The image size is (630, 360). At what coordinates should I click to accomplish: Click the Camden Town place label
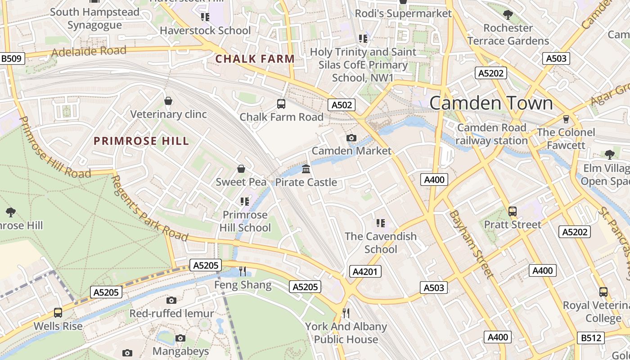pos(490,103)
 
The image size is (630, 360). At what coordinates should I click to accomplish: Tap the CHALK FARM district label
pos(255,58)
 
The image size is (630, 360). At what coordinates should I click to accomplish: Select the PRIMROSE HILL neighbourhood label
pos(141,141)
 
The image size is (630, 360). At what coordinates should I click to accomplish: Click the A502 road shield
pos(342,105)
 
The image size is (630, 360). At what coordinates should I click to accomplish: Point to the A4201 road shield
pos(365,271)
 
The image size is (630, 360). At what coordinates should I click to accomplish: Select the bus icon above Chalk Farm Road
pos(281,104)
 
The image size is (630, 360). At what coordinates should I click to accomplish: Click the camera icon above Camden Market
pos(351,138)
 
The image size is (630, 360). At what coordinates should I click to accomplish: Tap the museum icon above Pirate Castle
pos(306,169)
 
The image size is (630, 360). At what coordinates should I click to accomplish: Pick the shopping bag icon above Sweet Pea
pos(241,169)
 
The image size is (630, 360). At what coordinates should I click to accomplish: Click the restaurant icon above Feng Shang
pos(243,271)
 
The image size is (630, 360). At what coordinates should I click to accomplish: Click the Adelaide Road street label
pos(89,51)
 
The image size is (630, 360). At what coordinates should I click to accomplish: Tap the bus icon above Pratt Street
pos(512,211)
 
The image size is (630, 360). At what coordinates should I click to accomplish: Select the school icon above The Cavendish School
pos(381,223)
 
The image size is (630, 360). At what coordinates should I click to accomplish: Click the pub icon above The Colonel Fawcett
pos(566,119)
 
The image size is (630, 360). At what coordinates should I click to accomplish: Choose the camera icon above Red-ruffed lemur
pos(171,300)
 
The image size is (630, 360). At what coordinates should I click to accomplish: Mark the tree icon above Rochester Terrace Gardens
pos(508,15)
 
